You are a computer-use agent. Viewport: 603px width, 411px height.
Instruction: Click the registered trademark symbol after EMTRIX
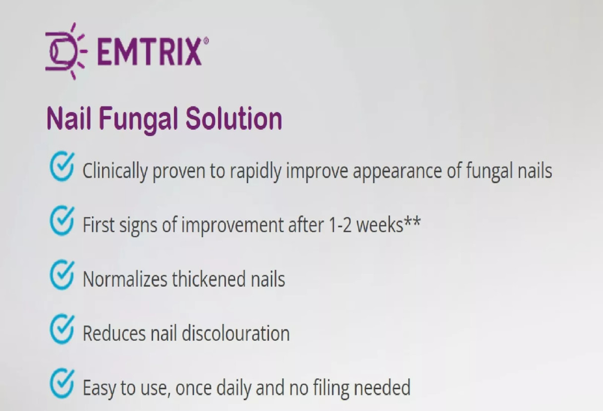[x=206, y=41]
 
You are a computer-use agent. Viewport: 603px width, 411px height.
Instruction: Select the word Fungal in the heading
[x=138, y=119]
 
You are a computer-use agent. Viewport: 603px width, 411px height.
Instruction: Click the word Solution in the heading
[x=234, y=118]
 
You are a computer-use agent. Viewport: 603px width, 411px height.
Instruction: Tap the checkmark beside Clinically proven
[x=62, y=166]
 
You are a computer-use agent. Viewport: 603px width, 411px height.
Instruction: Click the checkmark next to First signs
[x=62, y=221]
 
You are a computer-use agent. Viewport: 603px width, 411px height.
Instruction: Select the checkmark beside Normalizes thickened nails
[x=62, y=275]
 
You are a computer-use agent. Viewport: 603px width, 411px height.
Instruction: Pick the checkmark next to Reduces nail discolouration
[x=62, y=329]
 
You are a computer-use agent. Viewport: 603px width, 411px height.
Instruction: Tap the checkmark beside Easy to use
[x=62, y=383]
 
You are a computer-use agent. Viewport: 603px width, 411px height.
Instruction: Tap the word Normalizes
[x=125, y=279]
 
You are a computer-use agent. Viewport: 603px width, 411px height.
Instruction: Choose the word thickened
[x=209, y=279]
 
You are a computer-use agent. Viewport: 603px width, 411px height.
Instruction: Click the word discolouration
[x=235, y=333]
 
